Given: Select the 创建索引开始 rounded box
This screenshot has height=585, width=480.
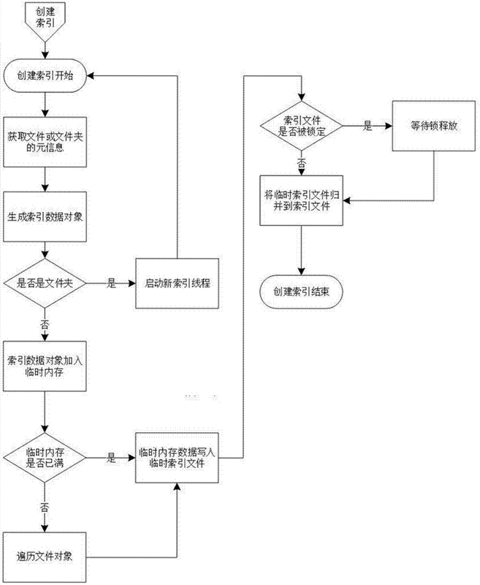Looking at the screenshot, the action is (45, 76).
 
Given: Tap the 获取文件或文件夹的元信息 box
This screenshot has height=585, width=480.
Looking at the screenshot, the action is (45, 142).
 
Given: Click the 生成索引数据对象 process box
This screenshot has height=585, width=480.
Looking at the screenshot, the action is (45, 216).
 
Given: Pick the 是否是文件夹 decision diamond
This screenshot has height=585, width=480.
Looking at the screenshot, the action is (45, 283).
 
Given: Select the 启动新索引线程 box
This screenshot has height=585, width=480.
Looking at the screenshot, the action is (177, 283).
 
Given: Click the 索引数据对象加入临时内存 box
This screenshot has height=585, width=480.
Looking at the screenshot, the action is (45, 366).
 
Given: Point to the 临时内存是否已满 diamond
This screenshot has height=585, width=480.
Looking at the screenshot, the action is (45, 458).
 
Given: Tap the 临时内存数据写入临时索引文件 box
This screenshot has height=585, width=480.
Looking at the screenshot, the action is (177, 458).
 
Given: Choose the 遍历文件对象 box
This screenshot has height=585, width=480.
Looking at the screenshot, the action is (45, 557).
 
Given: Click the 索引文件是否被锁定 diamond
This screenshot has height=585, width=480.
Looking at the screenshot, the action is (301, 126).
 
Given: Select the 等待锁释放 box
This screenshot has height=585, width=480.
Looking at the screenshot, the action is (434, 126).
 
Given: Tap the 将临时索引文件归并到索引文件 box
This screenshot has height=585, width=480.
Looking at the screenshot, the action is (301, 200).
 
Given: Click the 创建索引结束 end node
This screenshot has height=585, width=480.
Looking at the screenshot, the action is (301, 291).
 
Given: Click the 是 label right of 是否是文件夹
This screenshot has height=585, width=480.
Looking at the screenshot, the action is (112, 283).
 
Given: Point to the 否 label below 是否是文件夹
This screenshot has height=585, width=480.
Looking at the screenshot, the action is (45, 324).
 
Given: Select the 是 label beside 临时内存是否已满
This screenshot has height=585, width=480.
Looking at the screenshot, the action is (111, 458).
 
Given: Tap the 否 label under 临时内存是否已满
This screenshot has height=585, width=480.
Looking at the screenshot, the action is (45, 507).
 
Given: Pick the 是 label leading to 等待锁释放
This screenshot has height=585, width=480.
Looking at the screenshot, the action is (367, 126).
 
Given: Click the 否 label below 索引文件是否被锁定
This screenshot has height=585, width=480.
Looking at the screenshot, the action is (301, 163).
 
